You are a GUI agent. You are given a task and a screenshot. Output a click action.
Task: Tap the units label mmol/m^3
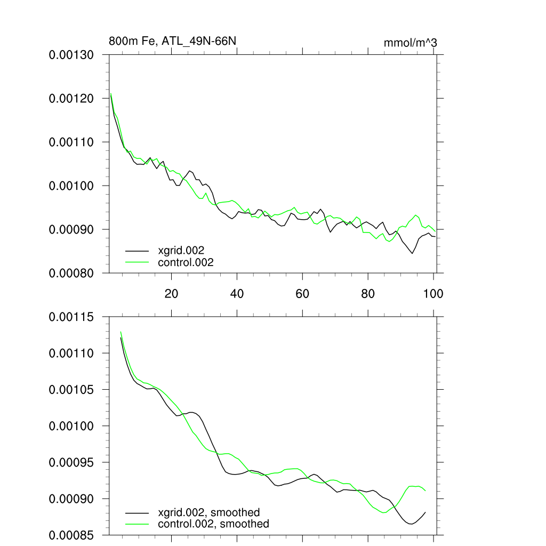[x=411, y=43]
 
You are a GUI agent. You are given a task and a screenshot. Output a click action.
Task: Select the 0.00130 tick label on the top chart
[x=71, y=55]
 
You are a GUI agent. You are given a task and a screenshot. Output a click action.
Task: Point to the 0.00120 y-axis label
[x=71, y=99]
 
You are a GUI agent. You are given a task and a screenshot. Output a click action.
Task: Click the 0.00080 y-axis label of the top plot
[x=71, y=273]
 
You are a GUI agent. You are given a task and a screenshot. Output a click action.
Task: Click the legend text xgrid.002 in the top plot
[x=181, y=250]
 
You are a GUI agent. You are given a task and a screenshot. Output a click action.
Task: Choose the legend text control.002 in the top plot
[x=186, y=262]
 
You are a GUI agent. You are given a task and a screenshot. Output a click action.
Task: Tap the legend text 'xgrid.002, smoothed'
[x=209, y=513]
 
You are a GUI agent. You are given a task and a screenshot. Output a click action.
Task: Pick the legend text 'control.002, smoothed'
[x=213, y=524]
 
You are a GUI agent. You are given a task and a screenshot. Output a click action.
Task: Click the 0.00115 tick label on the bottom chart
[x=71, y=317]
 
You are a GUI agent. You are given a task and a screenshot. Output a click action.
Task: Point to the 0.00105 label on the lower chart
[x=71, y=390]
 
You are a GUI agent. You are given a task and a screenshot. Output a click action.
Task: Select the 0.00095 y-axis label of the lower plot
[x=71, y=462]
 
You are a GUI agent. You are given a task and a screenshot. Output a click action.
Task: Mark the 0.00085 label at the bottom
[x=71, y=535]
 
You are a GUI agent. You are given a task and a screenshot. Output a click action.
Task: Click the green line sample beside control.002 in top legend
[x=137, y=262]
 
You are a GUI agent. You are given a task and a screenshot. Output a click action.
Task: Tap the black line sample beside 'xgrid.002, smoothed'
[x=137, y=513]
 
